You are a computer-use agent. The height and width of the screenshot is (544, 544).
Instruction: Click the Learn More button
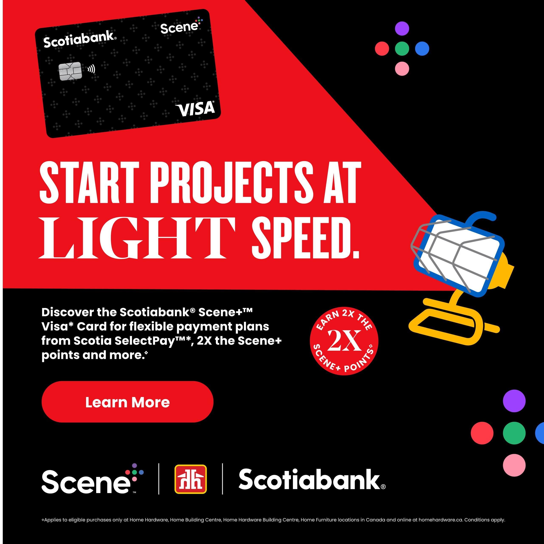[x=127, y=402]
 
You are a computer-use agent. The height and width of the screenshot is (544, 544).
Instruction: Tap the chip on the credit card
[x=70, y=71]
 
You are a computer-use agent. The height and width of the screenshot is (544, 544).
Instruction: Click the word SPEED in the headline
[x=305, y=238]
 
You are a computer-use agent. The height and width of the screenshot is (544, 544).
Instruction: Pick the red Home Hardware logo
[x=191, y=479]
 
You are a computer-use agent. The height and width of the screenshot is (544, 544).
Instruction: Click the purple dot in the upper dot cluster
[x=402, y=28]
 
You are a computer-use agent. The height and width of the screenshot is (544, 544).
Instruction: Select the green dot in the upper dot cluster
[x=402, y=48]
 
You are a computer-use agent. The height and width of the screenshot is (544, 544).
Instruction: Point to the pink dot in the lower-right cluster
[x=514, y=465]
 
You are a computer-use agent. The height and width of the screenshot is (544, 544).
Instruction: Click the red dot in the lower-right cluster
[x=482, y=433]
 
